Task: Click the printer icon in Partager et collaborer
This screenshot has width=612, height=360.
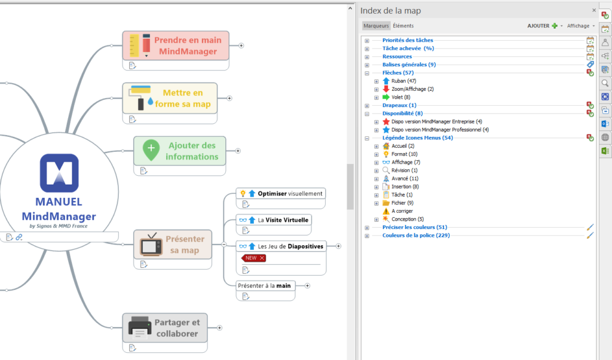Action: pos(139,328)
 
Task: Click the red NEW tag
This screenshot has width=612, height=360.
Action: pos(253,258)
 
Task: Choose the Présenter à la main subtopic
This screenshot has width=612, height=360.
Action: pos(264,285)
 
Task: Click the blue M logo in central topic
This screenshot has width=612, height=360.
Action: pos(59,171)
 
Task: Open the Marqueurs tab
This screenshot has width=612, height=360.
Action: pos(376,26)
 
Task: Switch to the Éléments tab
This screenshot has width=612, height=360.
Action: pos(403,26)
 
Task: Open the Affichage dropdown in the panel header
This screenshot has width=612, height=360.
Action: pos(580,26)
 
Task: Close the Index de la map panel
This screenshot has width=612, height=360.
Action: pos(593,10)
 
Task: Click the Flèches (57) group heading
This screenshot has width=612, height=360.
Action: pos(398,72)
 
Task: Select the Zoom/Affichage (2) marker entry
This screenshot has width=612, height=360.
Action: pos(412,89)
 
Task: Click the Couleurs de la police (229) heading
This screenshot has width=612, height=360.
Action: pos(416,235)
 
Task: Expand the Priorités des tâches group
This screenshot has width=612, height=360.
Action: pos(367,40)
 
